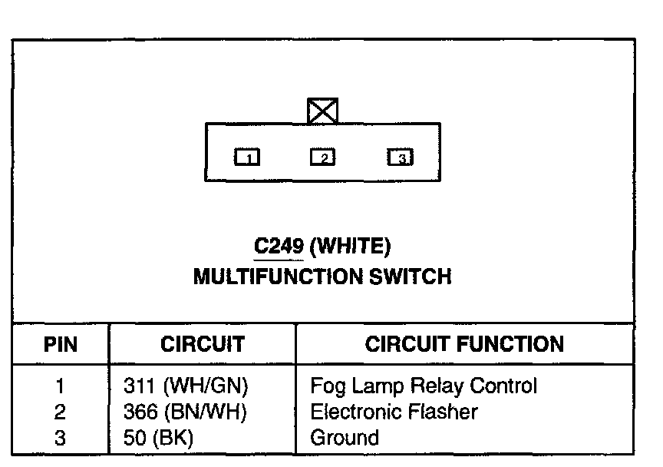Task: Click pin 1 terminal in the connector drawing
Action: click(247, 157)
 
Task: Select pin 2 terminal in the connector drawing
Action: click(322, 157)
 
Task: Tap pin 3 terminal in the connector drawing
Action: click(400, 157)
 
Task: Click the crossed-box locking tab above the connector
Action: click(322, 111)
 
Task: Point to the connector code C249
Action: click(273, 246)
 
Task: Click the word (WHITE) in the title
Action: click(351, 246)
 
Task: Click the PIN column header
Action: click(60, 344)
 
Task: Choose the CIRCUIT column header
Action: click(203, 344)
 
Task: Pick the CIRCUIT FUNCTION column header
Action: click(464, 344)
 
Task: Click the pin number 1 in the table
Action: click(61, 386)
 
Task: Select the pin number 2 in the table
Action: click(61, 412)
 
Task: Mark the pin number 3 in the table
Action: click(61, 439)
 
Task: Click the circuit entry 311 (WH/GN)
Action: click(186, 386)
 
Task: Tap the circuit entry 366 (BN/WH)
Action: click(185, 412)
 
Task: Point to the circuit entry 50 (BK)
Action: click(159, 439)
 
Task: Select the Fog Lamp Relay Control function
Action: click(424, 386)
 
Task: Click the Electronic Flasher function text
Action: click(394, 412)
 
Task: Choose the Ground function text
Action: click(345, 439)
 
